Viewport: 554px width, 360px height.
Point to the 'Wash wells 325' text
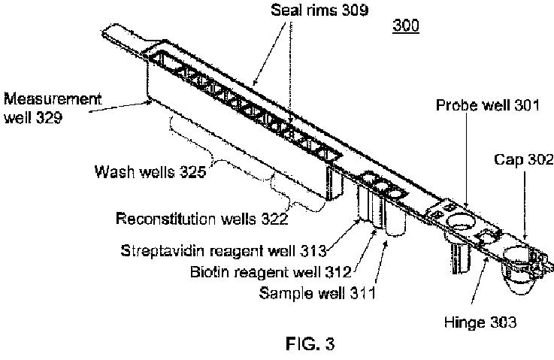click(150, 171)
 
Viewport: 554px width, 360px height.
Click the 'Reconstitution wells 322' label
click(201, 219)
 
